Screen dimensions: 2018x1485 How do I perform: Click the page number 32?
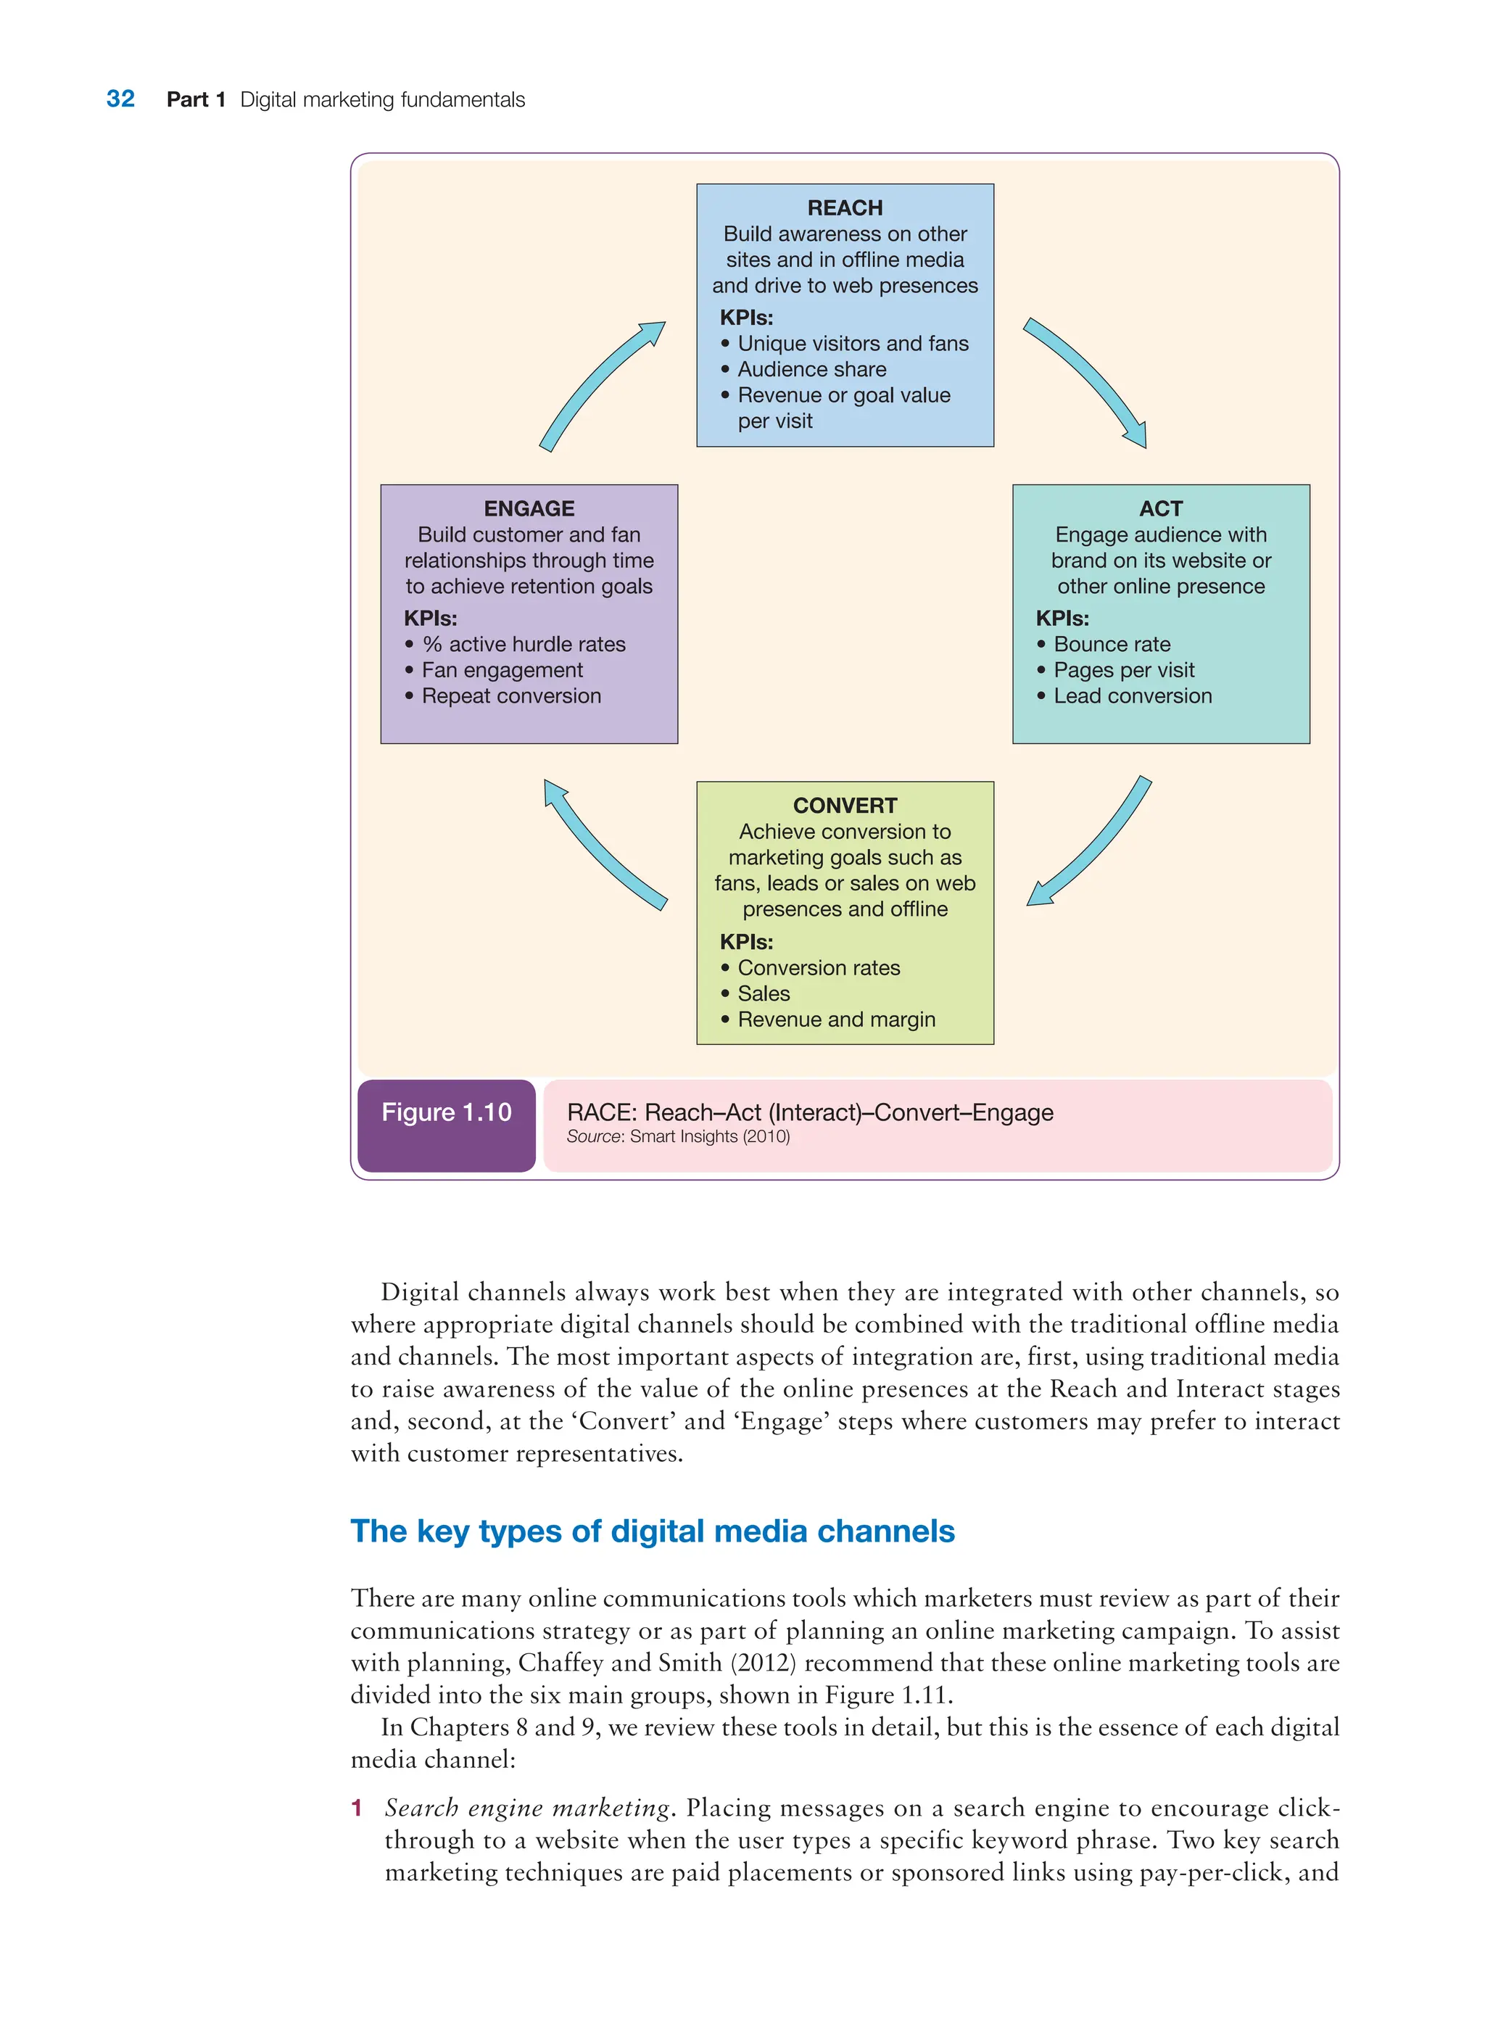[x=120, y=99]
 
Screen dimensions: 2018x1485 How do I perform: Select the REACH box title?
[x=844, y=207]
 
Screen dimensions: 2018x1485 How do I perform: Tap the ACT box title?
[x=1159, y=509]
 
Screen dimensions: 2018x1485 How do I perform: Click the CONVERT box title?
[x=844, y=806]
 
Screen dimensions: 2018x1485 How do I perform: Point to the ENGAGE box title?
[x=529, y=509]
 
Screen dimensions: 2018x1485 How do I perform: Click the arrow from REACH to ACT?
[x=1088, y=381]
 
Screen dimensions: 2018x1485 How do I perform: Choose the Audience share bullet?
[x=811, y=369]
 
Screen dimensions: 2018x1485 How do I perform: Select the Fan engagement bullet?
[x=502, y=671]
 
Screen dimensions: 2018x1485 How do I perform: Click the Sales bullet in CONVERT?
[x=764, y=994]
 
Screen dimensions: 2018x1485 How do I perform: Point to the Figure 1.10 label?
[x=446, y=1113]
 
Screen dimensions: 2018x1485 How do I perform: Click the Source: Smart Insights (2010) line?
[x=678, y=1137]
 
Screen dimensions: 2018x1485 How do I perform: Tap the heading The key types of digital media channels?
[x=652, y=1531]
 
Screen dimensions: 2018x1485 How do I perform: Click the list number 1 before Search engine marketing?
[x=357, y=1808]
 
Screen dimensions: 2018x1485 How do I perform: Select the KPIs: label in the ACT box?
[x=1062, y=619]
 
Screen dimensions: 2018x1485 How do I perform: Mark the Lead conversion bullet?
[x=1132, y=697]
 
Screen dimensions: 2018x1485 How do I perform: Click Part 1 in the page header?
[x=195, y=100]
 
